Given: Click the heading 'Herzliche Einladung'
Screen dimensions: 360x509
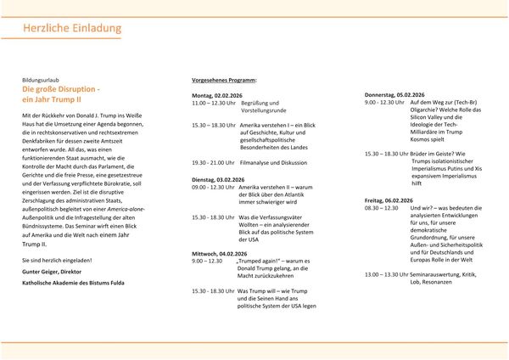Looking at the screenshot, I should tap(72, 29).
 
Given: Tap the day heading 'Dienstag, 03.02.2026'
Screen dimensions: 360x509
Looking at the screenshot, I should tap(220, 180).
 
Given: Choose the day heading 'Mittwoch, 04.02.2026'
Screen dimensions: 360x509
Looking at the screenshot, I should tap(221, 253).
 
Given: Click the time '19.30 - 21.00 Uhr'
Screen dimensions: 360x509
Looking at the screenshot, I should tap(212, 162).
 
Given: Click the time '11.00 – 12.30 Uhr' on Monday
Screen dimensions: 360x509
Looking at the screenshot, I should tap(212, 103).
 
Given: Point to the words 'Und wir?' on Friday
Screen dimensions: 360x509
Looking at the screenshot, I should tap(422, 207).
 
